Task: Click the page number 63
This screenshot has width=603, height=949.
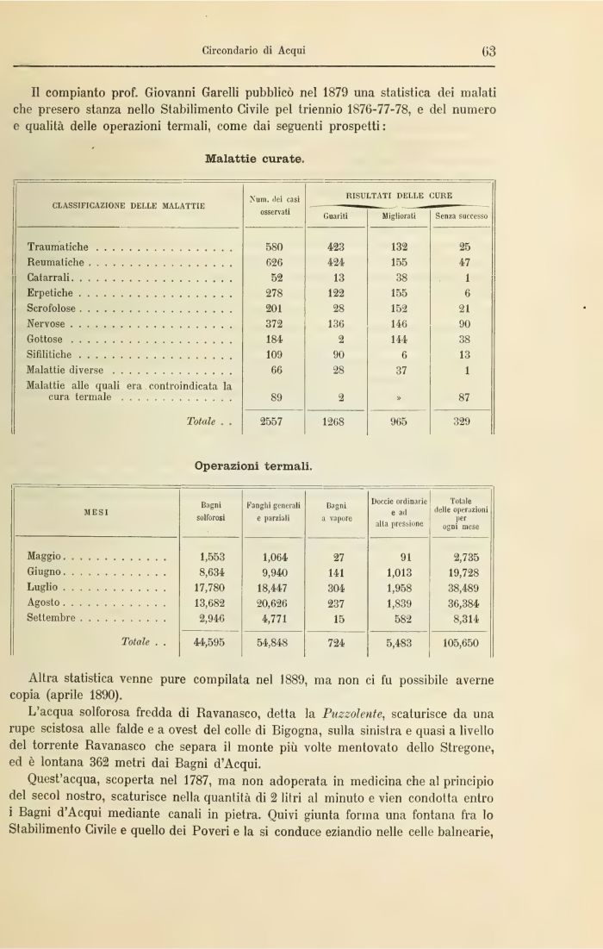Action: (488, 50)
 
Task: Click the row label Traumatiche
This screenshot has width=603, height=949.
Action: (62, 246)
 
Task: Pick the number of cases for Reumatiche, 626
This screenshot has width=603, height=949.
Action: (275, 261)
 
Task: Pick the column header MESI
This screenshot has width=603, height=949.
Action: (95, 512)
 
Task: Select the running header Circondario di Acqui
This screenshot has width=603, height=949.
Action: (254, 50)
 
